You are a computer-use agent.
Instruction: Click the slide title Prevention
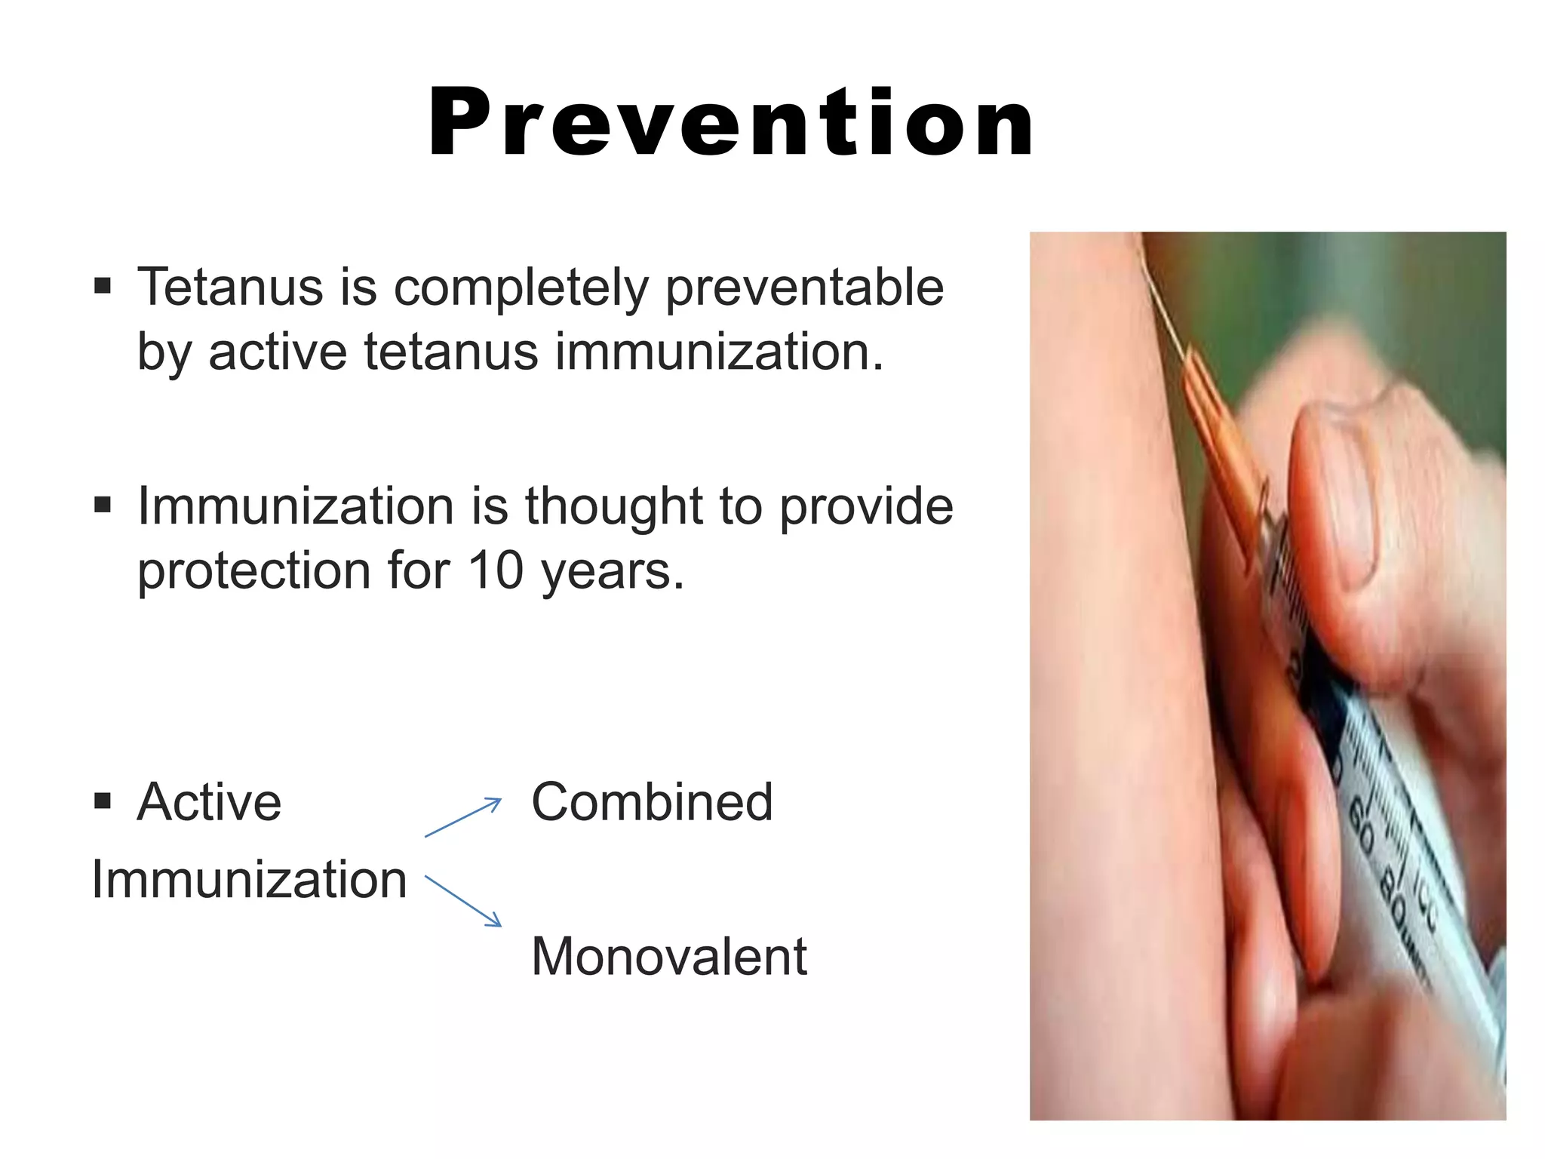tap(730, 123)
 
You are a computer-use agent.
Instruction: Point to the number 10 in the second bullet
tap(496, 570)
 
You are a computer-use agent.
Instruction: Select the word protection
tap(255, 572)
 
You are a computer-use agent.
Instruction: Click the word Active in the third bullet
tap(209, 802)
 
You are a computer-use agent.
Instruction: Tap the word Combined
tap(652, 802)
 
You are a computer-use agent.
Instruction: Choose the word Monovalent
tap(668, 957)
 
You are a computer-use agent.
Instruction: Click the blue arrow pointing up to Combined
tap(462, 817)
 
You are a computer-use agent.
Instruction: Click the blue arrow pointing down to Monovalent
tap(463, 900)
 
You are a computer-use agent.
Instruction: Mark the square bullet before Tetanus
tap(103, 286)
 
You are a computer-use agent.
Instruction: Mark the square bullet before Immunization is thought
tap(103, 504)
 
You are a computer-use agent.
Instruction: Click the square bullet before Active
tap(103, 801)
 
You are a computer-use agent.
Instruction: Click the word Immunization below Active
tap(249, 880)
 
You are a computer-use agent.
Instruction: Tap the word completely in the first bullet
tap(521, 289)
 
